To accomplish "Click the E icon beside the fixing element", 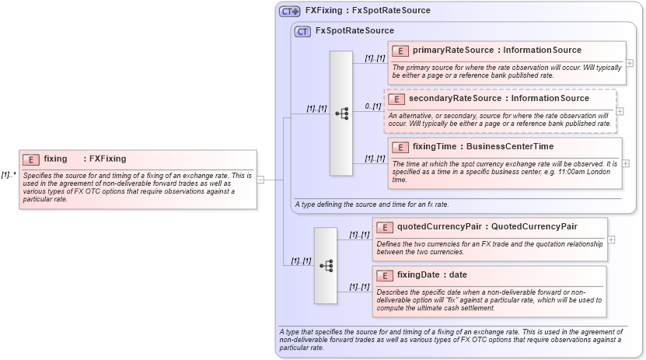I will coord(30,159).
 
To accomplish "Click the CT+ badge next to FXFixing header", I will coord(290,11).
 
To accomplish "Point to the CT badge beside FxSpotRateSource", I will coord(302,31).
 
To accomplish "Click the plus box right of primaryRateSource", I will coord(629,63).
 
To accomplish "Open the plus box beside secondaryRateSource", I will coord(620,111).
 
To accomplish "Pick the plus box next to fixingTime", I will coord(626,163).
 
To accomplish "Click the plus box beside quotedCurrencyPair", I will coord(611,239).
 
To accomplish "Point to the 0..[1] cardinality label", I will coord(372,107).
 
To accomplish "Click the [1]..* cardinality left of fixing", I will coord(9,175).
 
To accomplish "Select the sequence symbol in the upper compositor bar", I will coord(341,114).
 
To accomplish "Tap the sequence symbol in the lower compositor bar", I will coord(326,265).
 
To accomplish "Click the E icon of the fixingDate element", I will coord(384,275).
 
